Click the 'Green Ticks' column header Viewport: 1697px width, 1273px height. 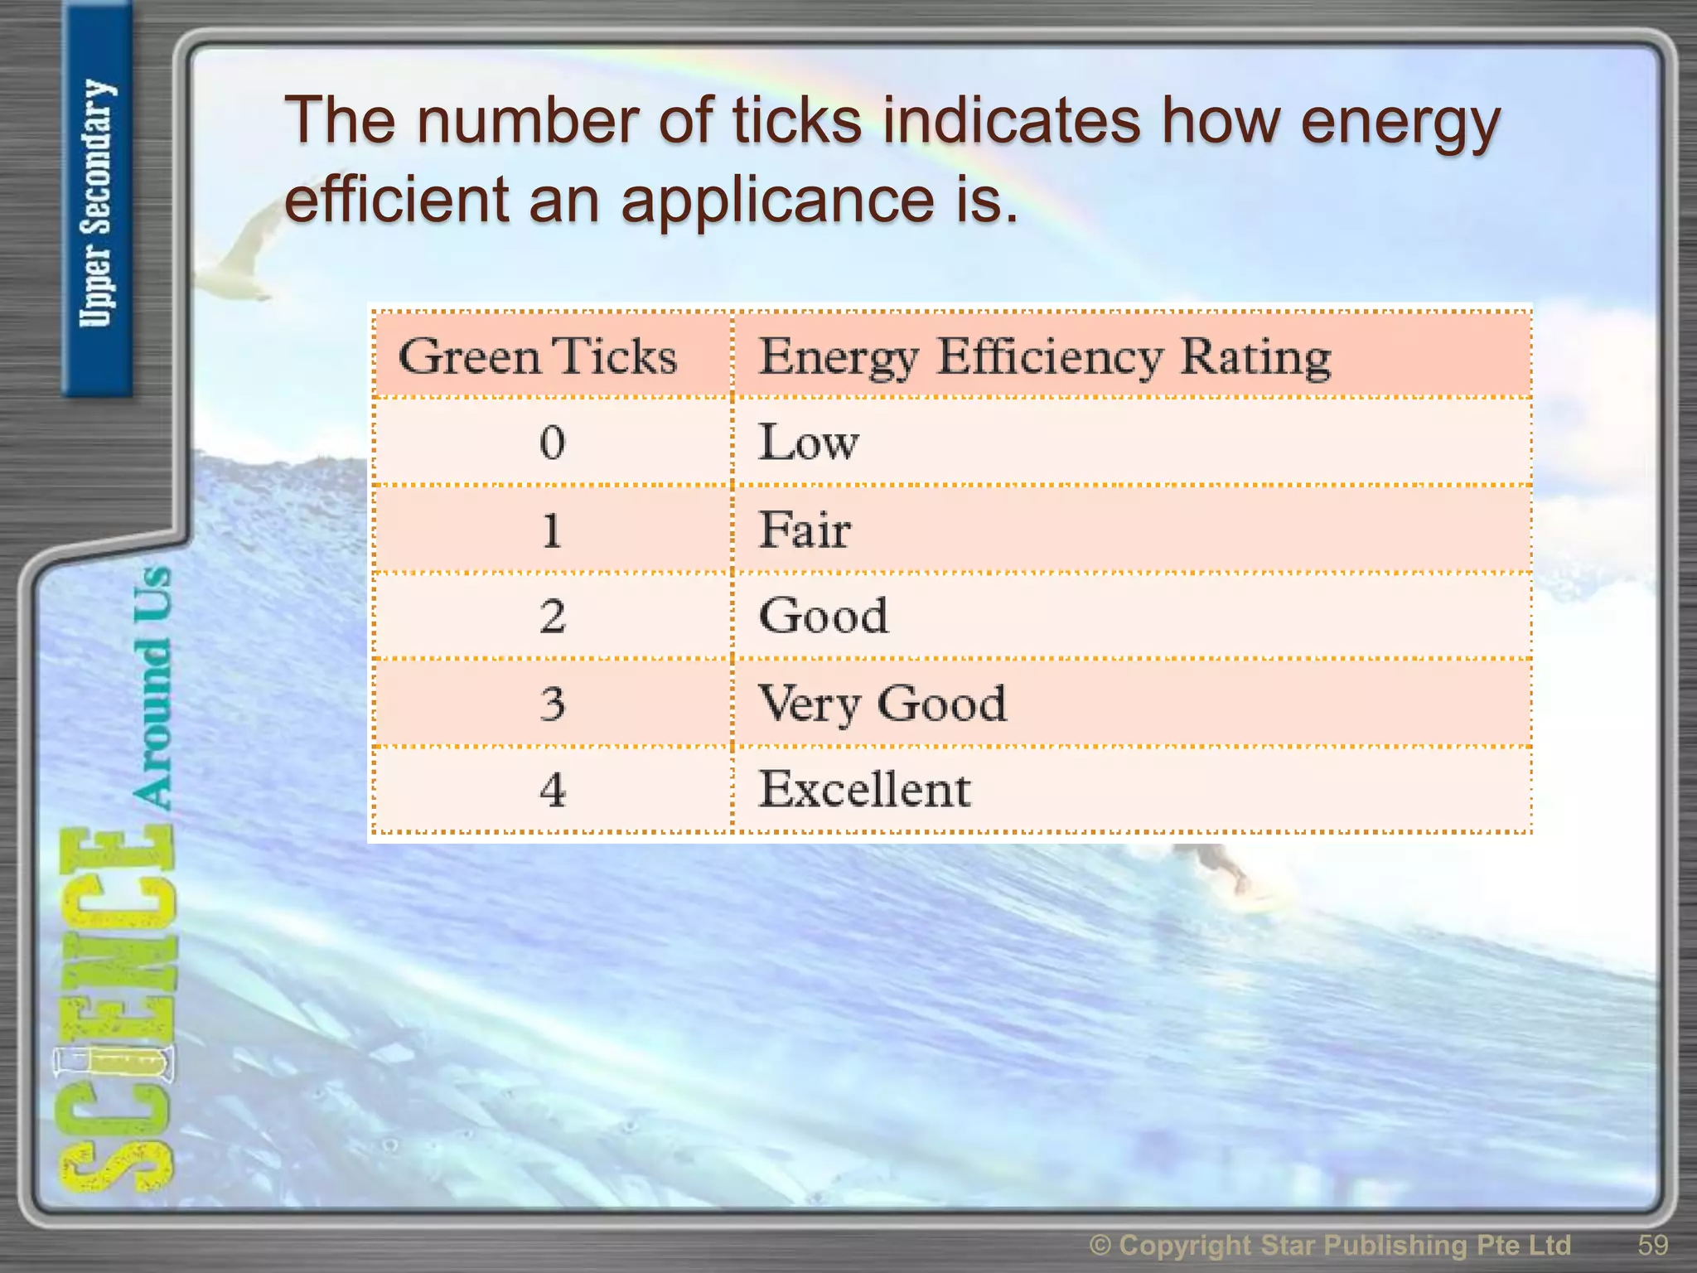538,357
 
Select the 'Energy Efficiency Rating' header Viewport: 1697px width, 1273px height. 1045,357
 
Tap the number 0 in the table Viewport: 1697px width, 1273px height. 552,442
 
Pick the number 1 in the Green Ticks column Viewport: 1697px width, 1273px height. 552,530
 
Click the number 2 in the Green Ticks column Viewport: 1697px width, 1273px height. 552,617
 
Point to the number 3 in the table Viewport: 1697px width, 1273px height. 552,704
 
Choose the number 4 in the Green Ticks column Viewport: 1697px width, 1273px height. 552,790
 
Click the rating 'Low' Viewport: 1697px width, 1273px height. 809,442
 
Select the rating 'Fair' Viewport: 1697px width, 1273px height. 805,530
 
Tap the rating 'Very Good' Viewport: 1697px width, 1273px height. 882,704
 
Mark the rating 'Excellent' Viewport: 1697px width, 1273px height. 864,790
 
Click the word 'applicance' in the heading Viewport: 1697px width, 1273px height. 776,201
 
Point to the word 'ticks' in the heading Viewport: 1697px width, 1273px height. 796,121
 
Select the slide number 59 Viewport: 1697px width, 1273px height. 1652,1245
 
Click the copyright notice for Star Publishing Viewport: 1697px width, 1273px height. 1330,1245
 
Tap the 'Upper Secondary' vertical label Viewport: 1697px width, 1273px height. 96,203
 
